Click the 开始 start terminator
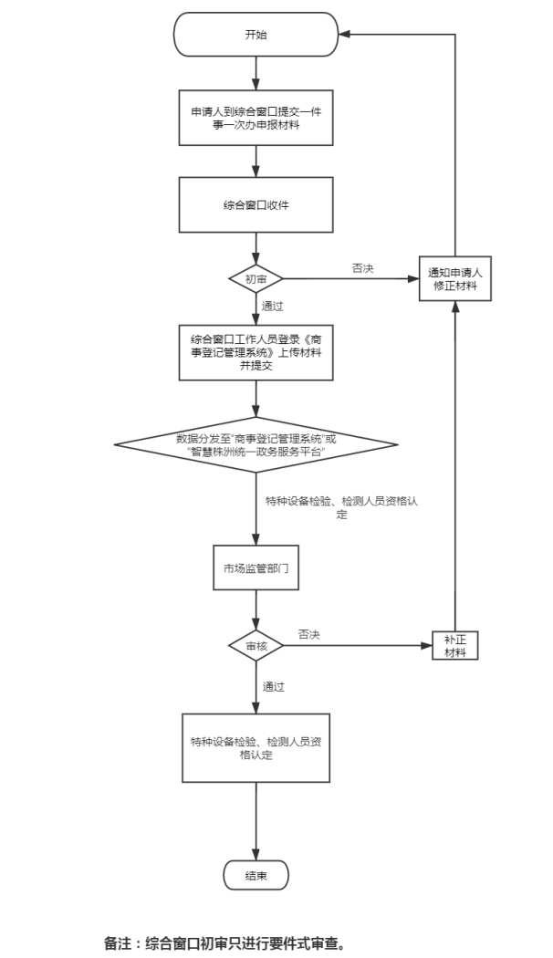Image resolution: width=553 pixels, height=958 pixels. click(x=256, y=35)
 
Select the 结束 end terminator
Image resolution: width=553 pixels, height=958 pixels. click(x=256, y=876)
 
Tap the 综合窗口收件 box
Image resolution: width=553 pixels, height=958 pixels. click(x=256, y=205)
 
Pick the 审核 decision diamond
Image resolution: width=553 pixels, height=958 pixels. click(x=256, y=645)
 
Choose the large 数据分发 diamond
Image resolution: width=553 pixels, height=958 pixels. click(x=256, y=444)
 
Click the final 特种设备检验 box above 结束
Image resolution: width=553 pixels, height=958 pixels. click(x=256, y=748)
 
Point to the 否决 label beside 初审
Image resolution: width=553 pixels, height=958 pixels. click(x=362, y=268)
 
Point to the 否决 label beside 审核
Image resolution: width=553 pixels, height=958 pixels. click(x=308, y=634)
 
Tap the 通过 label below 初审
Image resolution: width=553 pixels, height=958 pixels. click(x=272, y=306)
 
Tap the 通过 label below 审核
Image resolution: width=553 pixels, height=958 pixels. click(x=274, y=685)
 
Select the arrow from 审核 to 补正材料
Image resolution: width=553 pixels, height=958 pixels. click(x=356, y=645)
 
